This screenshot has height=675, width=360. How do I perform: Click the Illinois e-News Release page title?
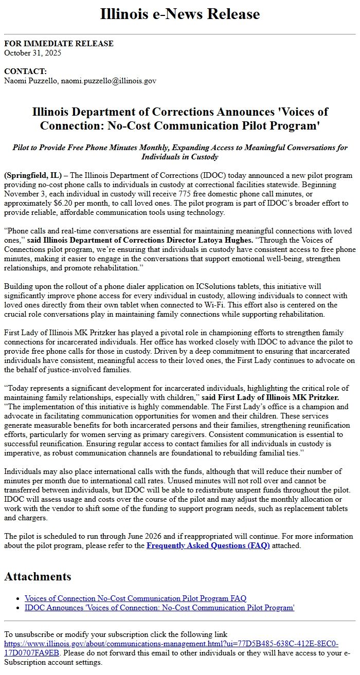pos(180,14)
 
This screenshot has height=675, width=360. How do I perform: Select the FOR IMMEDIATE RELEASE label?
pos(59,44)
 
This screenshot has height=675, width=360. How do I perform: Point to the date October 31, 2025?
pos(32,52)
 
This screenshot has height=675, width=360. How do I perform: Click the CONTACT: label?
pos(25,71)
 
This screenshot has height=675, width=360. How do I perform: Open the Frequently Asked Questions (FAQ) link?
pos(208,545)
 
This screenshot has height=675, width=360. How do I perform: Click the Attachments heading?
pos(38,576)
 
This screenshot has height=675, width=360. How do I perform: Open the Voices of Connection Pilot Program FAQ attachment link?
pos(135,598)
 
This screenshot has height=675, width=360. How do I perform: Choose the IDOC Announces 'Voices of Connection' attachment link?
pos(159,608)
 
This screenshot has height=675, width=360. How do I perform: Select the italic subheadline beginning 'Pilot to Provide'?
pos(180,152)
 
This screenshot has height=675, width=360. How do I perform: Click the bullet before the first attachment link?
pos(19,598)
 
